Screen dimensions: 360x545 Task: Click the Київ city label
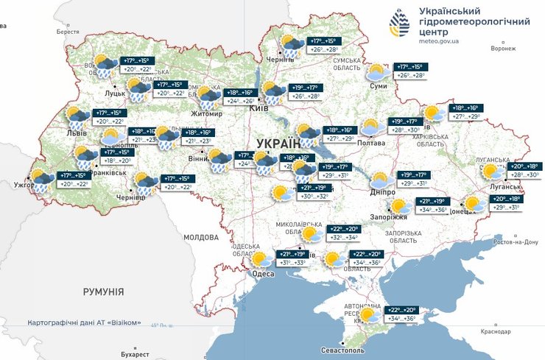pos(259,108)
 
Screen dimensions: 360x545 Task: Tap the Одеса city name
pos(264,274)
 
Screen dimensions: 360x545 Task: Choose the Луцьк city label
pos(116,93)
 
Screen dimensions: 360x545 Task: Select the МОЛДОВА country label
pos(200,238)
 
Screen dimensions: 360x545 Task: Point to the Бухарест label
pos(111,354)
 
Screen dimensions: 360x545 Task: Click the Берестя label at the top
pos(67,32)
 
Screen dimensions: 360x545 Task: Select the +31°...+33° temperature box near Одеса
pos(291,263)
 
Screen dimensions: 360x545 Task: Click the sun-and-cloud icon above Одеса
pos(260,258)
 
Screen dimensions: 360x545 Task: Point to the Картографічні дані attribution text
pos(83,323)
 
